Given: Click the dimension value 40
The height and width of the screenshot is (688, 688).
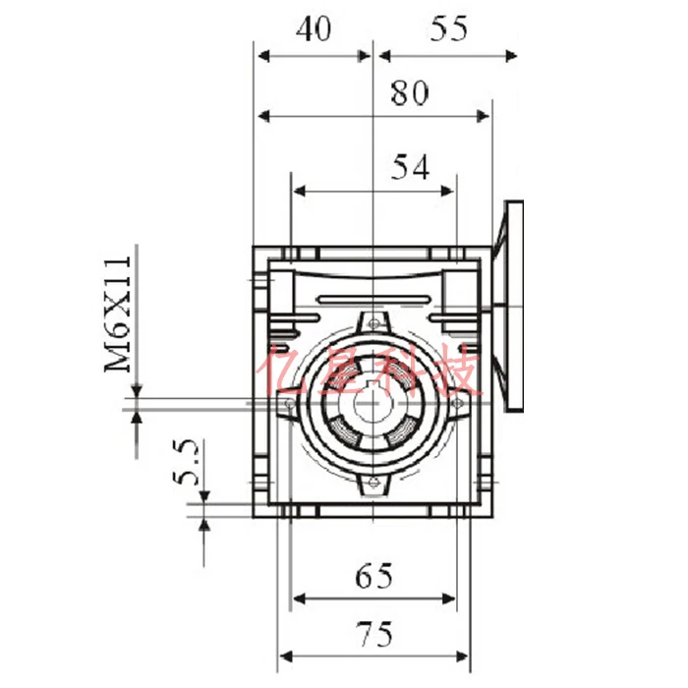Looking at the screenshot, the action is [314, 29].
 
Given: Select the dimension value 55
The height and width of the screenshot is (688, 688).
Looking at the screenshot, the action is [448, 29].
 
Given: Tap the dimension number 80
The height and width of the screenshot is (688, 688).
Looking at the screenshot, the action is [410, 93].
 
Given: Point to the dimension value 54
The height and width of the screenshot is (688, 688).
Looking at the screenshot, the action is [410, 167].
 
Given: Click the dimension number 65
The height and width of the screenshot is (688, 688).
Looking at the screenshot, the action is [373, 576].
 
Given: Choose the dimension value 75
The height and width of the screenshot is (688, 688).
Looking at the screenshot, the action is [374, 635].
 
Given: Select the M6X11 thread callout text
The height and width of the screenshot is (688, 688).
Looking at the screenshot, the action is [118, 315].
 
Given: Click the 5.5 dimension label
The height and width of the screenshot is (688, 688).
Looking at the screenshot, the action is [186, 462].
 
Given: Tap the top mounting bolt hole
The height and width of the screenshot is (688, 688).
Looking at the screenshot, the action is [373, 323].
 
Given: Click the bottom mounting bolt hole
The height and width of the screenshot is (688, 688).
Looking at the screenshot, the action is [373, 483].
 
